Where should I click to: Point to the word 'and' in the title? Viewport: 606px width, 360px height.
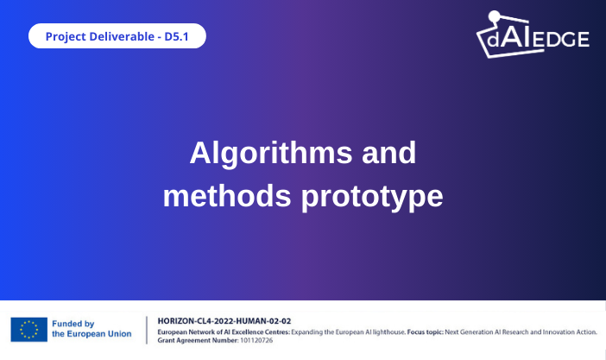388,153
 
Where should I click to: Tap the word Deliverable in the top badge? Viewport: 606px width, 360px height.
125,37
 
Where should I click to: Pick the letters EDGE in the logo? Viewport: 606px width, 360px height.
565,39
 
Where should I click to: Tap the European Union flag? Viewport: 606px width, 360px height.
29,329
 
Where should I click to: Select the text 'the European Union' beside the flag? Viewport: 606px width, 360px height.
92,334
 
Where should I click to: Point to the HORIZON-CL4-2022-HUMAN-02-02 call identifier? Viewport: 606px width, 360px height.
224,320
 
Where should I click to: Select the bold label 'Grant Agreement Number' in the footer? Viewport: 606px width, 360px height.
196,340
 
